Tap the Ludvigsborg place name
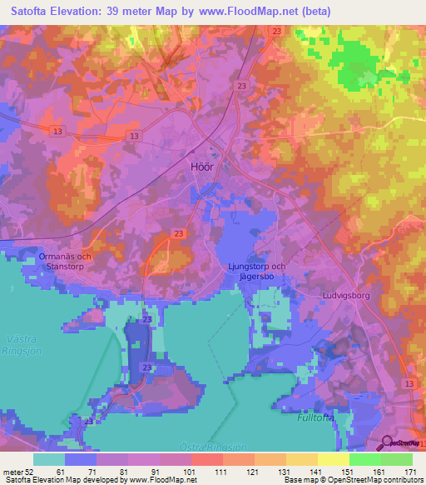tap(344, 295)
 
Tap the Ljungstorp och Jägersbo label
tap(255, 272)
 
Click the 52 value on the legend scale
tap(32, 471)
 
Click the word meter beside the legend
tap(12, 471)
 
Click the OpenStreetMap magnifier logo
tap(386, 442)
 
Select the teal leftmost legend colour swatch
tap(49, 458)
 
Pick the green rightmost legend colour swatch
tap(397, 458)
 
